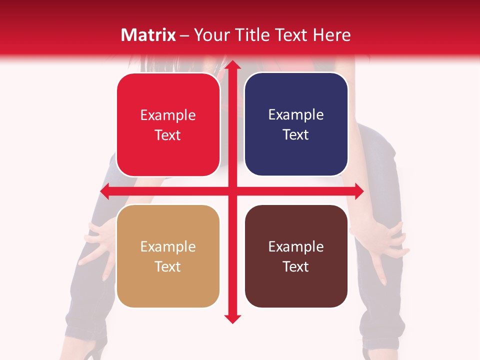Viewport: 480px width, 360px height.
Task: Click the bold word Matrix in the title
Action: click(148, 35)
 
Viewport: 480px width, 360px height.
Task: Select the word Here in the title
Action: click(332, 35)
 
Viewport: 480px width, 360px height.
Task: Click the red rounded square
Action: click(168, 125)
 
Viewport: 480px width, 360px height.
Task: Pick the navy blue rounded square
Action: click(296, 124)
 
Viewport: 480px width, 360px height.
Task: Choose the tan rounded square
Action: click(168, 256)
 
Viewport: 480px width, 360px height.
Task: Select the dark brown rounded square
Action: click(296, 256)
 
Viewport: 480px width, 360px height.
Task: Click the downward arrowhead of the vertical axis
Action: click(232, 318)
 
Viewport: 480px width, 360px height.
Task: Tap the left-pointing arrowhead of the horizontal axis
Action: click(105, 191)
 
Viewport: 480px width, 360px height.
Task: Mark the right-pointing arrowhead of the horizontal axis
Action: click(358, 191)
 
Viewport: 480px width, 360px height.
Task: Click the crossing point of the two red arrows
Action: click(232, 191)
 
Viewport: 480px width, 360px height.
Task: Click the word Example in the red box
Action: click(168, 115)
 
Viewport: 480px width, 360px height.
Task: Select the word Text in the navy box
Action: click(296, 135)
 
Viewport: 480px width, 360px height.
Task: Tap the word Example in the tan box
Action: click(168, 247)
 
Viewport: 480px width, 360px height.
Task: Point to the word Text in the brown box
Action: click(296, 266)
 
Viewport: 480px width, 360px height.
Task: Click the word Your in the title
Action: click(211, 35)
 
